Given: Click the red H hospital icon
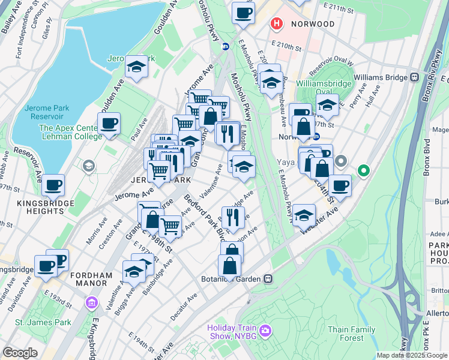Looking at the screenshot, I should click(x=277, y=24).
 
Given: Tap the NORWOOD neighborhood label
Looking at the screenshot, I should click(x=312, y=24).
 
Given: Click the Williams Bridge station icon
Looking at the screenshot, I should click(x=414, y=77).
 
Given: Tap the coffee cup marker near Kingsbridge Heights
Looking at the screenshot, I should click(x=53, y=186).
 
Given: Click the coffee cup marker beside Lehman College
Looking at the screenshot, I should click(x=109, y=124).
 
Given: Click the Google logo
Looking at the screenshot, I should click(x=20, y=353).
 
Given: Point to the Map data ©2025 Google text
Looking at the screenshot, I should click(x=412, y=355).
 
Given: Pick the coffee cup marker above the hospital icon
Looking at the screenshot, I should click(x=243, y=13).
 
